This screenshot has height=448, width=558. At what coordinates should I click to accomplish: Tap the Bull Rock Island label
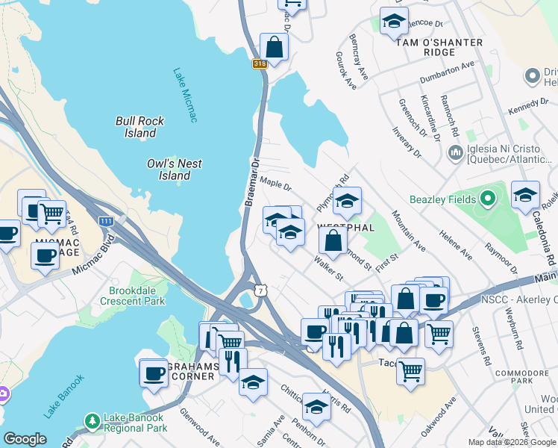click(x=140, y=127)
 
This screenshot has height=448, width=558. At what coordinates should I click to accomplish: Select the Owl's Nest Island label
click(x=175, y=169)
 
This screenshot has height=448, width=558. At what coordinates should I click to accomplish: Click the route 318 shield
click(x=260, y=64)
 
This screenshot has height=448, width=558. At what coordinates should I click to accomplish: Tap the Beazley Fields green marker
click(x=488, y=199)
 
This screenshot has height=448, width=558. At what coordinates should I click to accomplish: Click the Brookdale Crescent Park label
click(x=137, y=296)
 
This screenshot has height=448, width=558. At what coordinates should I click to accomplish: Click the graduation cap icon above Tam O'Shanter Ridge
click(x=394, y=22)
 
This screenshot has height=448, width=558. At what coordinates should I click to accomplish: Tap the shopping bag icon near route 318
click(x=275, y=47)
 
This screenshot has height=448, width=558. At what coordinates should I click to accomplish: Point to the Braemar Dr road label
click(x=253, y=183)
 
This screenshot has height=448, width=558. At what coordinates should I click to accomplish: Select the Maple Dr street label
click(x=276, y=182)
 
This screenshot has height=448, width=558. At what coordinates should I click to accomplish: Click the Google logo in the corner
click(x=25, y=439)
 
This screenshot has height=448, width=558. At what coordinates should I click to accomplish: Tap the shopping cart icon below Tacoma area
click(x=410, y=370)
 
